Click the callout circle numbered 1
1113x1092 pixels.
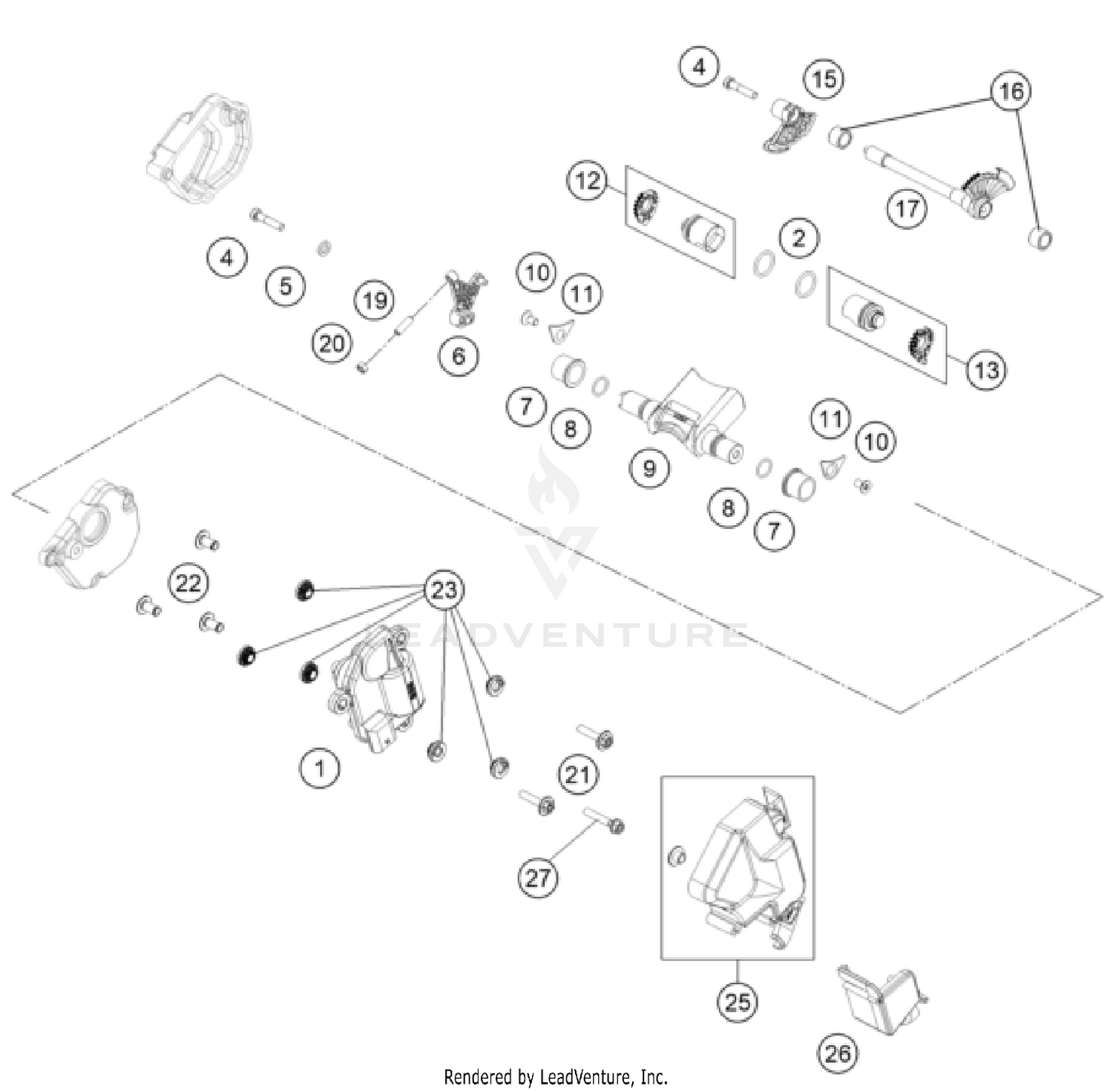pyautogui.click(x=320, y=768)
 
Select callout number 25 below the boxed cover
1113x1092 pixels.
pyautogui.click(x=738, y=1002)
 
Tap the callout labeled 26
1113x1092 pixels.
pyautogui.click(x=838, y=1053)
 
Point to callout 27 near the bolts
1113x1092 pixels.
pyautogui.click(x=538, y=878)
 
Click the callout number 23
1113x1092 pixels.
pyautogui.click(x=444, y=591)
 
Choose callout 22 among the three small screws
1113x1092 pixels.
pyautogui.click(x=188, y=583)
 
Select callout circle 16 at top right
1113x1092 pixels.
pyautogui.click(x=1011, y=91)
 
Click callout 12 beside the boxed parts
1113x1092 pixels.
pyautogui.click(x=588, y=180)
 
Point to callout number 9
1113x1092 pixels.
pyautogui.click(x=649, y=468)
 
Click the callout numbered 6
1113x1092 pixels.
pyautogui.click(x=459, y=356)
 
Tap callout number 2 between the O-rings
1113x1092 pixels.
pyautogui.click(x=798, y=238)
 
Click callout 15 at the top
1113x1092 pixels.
pyautogui.click(x=824, y=79)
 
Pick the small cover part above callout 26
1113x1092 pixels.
pyautogui.click(x=881, y=999)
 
